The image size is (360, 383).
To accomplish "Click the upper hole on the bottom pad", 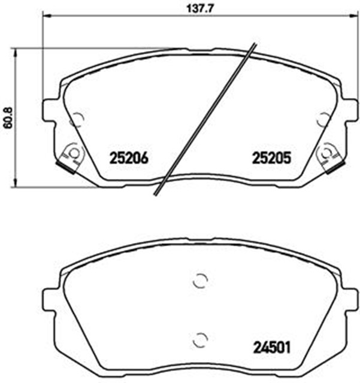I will click(201, 280).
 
